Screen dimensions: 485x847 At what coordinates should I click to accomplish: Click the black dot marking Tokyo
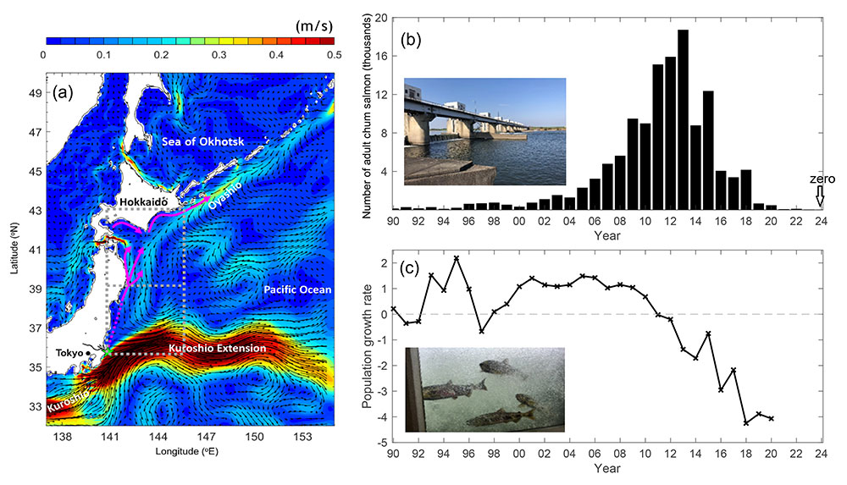point(88,353)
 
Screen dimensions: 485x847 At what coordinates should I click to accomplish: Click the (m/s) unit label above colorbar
point(313,25)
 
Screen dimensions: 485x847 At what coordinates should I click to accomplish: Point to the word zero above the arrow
point(818,180)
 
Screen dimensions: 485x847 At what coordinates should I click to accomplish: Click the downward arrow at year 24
point(819,199)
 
